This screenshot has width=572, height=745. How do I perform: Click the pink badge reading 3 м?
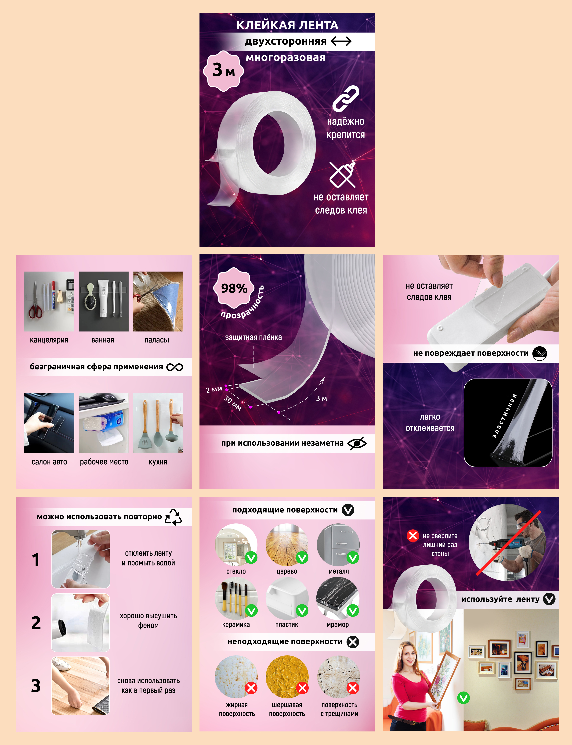coord(224,71)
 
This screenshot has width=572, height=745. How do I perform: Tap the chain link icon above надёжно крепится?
coord(346,99)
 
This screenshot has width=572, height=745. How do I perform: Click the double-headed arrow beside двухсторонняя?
coord(341,42)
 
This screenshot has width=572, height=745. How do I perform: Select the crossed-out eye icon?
coord(357,443)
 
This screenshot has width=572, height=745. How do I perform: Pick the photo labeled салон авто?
coord(49,423)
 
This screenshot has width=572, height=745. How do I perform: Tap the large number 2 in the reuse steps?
coord(36,623)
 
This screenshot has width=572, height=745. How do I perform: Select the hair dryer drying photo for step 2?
coord(81,623)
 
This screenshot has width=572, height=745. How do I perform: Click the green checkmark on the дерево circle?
coord(302,557)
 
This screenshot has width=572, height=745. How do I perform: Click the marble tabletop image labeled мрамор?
coord(338,598)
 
